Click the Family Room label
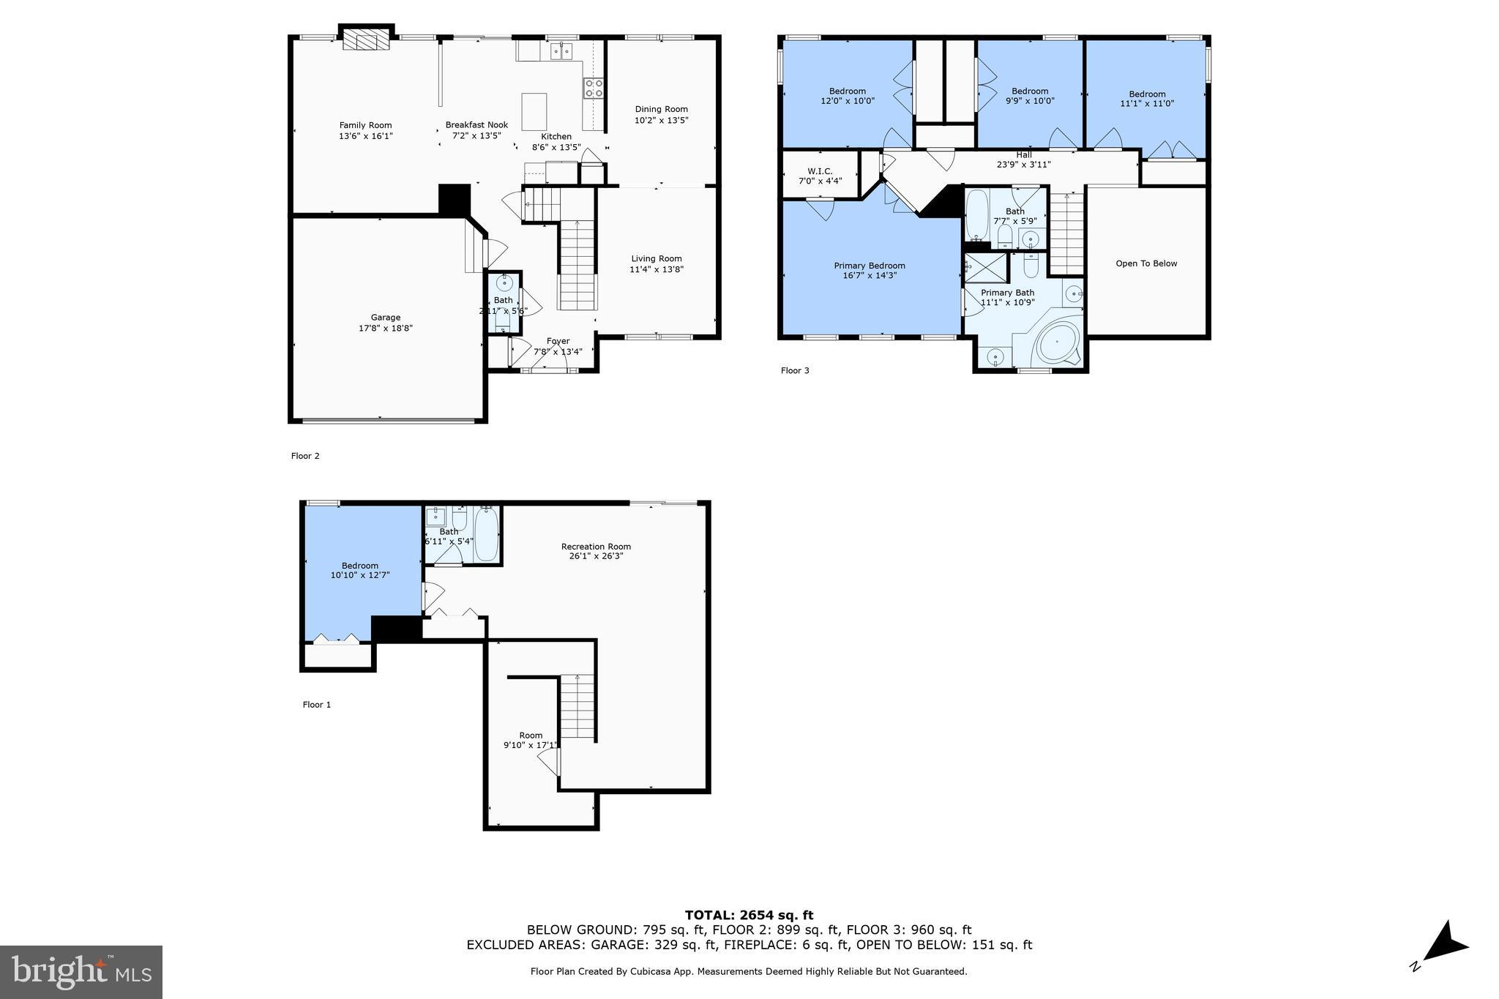tap(365, 125)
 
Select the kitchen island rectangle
tap(534, 111)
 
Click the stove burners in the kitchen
tap(594, 89)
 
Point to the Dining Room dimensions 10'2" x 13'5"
tap(661, 120)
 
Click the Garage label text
tap(385, 318)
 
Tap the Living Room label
tap(656, 258)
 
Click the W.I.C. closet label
tap(820, 171)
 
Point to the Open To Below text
tap(1145, 263)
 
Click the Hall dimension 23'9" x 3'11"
tap(1023, 165)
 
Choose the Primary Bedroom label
tap(869, 266)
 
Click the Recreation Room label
tap(595, 547)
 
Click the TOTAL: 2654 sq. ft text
tap(749, 915)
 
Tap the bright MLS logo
tap(81, 972)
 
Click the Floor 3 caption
tap(794, 370)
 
